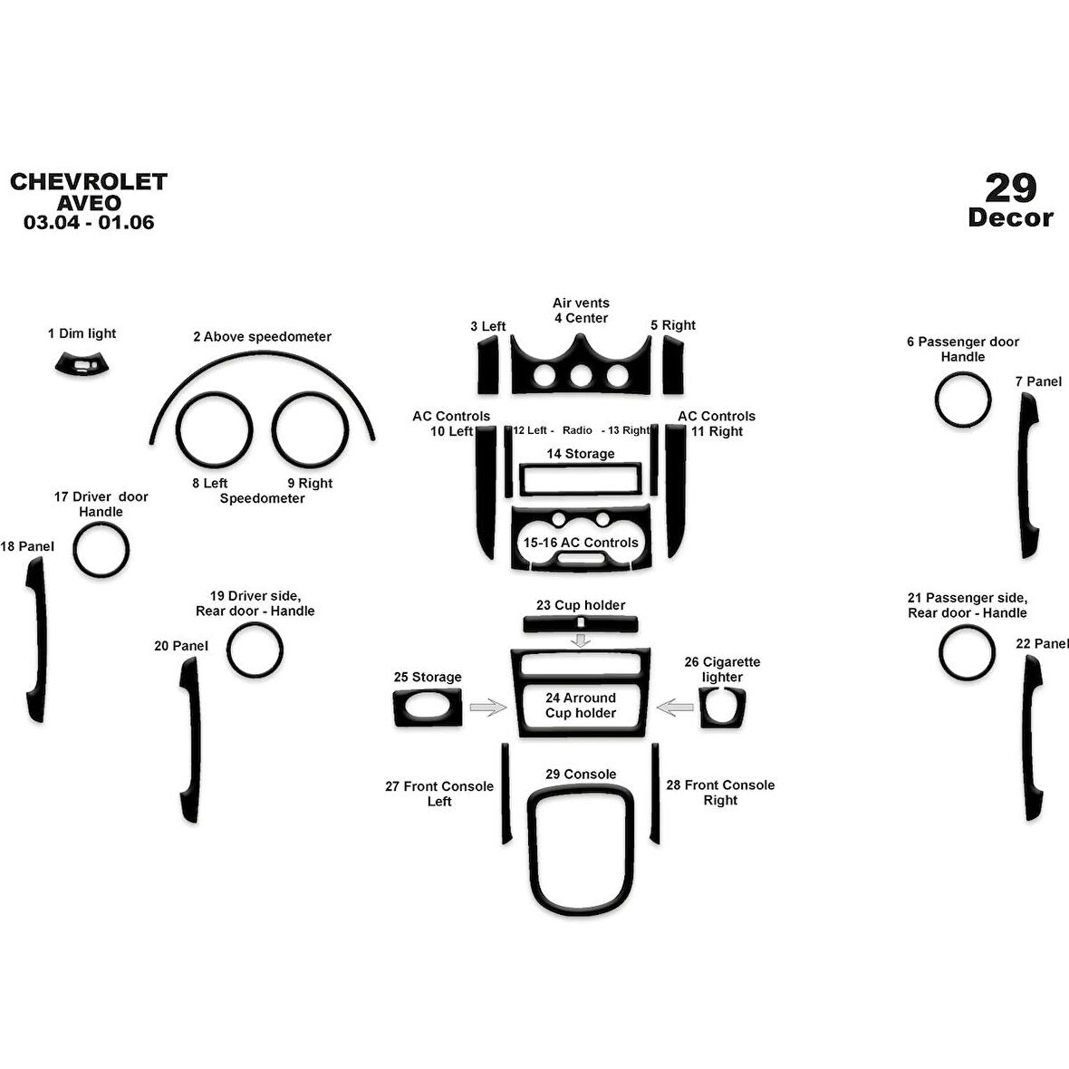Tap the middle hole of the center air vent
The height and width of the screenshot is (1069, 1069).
click(x=581, y=376)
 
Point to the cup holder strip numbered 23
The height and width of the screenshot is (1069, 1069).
click(x=580, y=624)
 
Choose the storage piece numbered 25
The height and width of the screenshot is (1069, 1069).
click(x=428, y=708)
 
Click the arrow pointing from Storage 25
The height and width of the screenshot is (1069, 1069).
click(x=488, y=707)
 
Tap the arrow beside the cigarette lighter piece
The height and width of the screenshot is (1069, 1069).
click(x=675, y=707)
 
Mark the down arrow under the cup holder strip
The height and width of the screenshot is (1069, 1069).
click(x=581, y=640)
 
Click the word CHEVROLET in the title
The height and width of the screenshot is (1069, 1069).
click(x=89, y=181)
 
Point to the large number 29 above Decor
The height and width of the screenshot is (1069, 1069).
click(x=1010, y=188)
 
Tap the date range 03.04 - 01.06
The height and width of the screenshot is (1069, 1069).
click(x=89, y=222)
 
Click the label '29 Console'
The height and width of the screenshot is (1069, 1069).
click(x=581, y=774)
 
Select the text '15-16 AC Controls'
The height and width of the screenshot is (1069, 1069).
click(x=581, y=543)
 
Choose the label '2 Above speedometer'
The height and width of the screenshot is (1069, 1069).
click(x=263, y=337)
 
